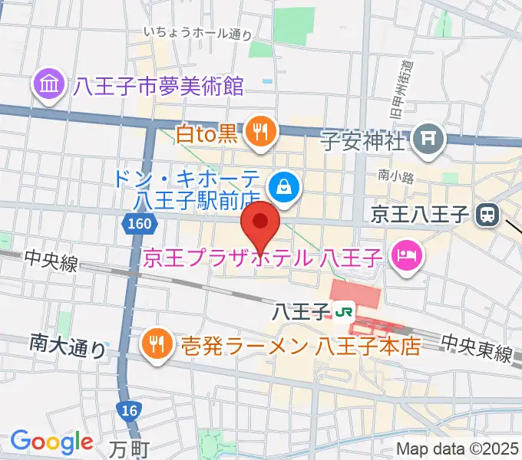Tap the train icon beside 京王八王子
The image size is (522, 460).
(x=486, y=215)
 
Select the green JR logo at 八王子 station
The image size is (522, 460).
(x=345, y=312)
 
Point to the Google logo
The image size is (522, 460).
(x=51, y=441)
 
